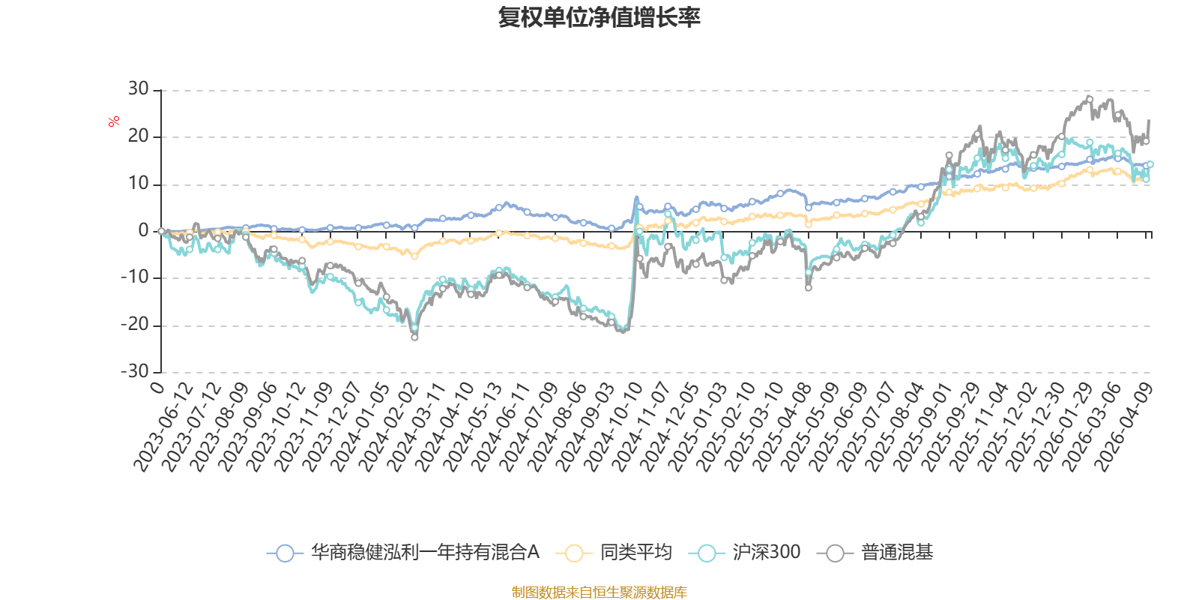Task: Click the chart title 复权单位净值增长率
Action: click(x=599, y=17)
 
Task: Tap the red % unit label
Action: click(x=113, y=121)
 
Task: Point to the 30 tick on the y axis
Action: click(x=138, y=89)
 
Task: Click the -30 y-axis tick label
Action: click(x=134, y=371)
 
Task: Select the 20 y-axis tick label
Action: click(x=138, y=136)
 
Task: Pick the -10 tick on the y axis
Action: click(x=134, y=277)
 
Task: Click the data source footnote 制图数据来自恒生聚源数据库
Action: click(x=599, y=592)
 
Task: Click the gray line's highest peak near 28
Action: click(x=1090, y=99)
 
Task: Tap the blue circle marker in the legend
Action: click(x=286, y=553)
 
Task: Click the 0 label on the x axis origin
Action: click(x=157, y=387)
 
